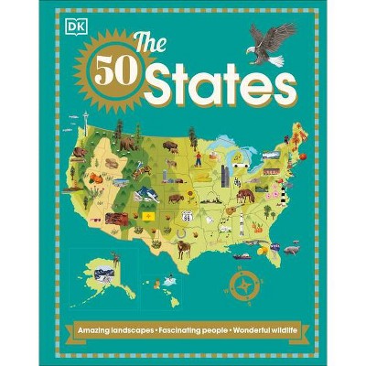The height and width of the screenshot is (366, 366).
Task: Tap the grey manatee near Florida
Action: point(291,247)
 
